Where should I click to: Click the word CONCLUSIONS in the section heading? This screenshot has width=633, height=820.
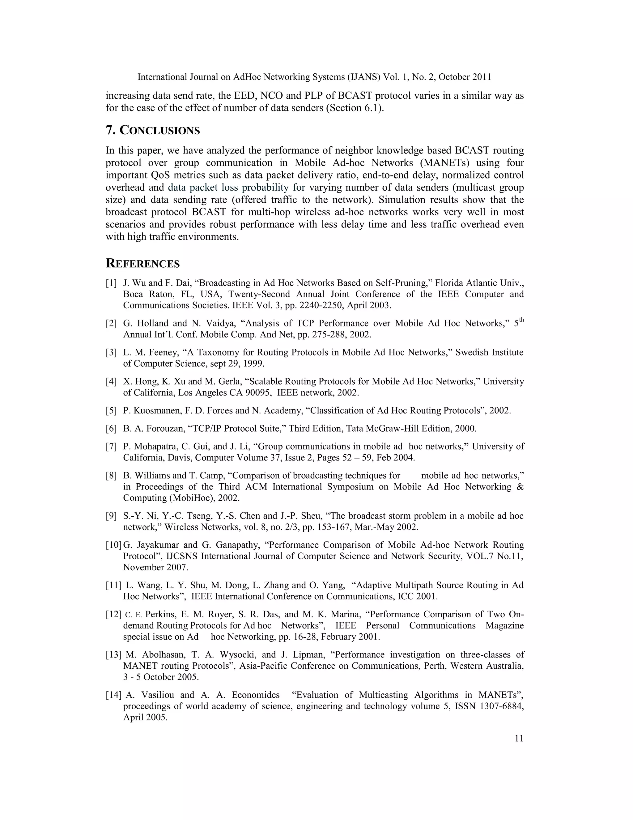160,131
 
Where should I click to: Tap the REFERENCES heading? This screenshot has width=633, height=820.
143,264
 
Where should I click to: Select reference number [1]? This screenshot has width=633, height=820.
111,283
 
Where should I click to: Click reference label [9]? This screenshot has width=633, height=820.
111,516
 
